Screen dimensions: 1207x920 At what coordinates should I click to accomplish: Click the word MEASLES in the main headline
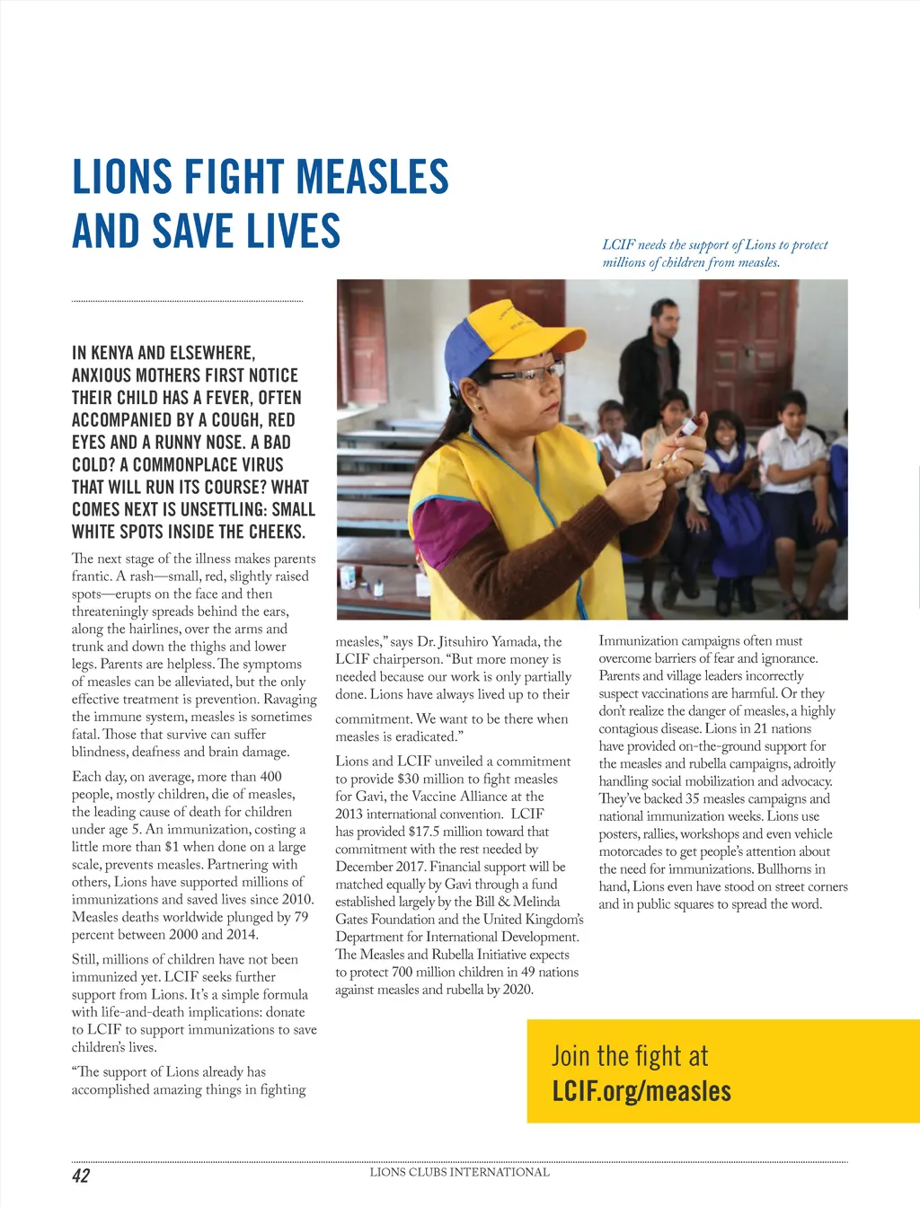coord(372,177)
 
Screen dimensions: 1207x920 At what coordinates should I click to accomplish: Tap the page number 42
coord(81,1176)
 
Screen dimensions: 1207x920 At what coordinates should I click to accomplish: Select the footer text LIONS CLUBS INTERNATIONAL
coord(459,1172)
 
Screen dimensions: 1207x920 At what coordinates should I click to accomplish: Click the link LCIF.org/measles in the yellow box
coord(641,1091)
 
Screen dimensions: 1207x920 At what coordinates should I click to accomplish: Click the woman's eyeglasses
coord(530,372)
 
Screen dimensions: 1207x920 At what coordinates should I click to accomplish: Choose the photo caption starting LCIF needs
coord(714,253)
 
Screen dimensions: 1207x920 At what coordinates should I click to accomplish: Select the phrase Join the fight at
coord(629,1055)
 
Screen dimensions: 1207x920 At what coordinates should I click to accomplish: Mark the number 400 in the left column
coord(270,776)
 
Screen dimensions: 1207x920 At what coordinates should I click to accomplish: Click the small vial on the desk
coord(378,588)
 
